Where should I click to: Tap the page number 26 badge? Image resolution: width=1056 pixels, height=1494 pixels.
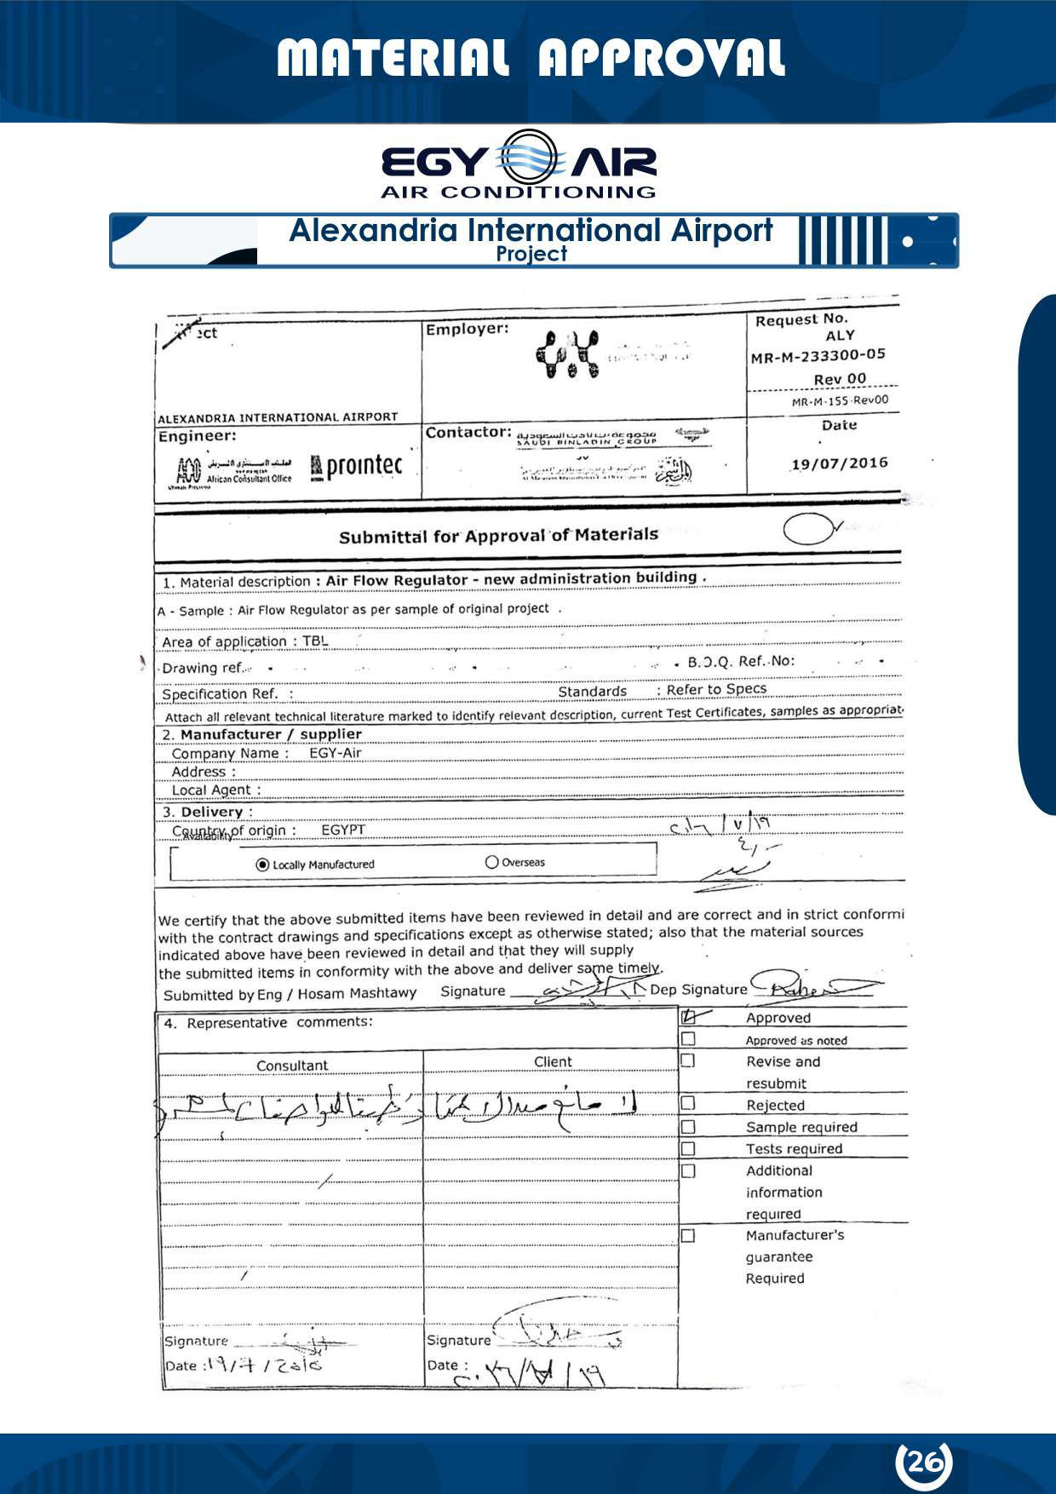[x=924, y=1462]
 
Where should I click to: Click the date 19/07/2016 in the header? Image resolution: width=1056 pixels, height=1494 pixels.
[x=839, y=464]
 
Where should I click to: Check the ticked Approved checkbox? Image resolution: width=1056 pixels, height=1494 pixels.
[x=689, y=1016]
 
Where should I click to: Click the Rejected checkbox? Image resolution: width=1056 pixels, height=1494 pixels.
[x=688, y=1104]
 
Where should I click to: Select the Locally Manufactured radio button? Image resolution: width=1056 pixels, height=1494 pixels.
[x=262, y=865]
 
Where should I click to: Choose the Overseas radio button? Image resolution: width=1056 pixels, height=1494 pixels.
[x=491, y=862]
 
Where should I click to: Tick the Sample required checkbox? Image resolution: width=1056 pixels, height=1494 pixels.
[x=688, y=1126]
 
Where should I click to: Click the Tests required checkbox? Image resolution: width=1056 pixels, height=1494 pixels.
[x=688, y=1148]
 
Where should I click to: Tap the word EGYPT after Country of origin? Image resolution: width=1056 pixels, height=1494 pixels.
[x=343, y=830]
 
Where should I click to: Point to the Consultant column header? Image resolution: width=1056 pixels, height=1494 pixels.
[x=292, y=1065]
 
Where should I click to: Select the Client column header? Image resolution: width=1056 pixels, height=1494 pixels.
[x=553, y=1061]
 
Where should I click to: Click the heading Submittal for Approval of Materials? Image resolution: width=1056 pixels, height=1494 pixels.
[x=498, y=536]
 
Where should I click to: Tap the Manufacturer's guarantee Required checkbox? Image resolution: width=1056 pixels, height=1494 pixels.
[x=688, y=1235]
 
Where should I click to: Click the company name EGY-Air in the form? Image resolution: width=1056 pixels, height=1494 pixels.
[x=336, y=753]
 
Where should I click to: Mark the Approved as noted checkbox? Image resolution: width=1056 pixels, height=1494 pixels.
[x=688, y=1039]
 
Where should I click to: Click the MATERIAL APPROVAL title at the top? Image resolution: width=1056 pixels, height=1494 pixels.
[x=530, y=58]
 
